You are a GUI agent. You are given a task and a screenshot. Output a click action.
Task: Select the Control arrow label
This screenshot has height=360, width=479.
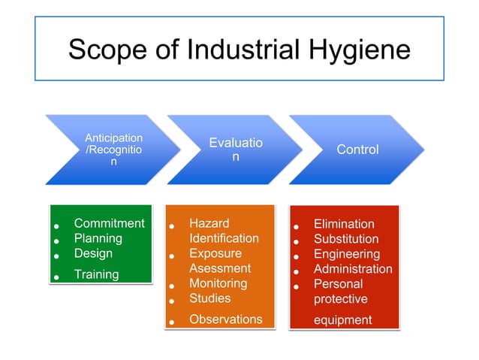[357, 150]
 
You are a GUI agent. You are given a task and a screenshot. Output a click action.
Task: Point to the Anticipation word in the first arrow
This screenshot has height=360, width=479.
[113, 138]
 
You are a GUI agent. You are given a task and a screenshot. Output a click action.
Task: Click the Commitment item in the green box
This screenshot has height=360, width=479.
[109, 223]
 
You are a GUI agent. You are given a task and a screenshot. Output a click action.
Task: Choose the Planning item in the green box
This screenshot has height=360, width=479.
[98, 238]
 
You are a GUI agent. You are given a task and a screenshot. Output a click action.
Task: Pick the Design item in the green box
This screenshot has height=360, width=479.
[93, 253]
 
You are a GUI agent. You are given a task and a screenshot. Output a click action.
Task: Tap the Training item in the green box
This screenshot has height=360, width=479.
[96, 274]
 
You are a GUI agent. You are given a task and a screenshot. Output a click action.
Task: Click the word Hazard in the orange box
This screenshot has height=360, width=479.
[209, 223]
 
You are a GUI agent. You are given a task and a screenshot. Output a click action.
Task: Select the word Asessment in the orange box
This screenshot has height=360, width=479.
[219, 268]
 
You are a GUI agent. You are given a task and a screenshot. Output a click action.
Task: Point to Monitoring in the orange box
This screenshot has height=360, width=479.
[218, 283]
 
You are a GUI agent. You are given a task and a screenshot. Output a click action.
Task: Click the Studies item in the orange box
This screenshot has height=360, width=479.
[209, 298]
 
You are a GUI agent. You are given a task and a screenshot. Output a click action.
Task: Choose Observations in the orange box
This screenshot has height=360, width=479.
[225, 319]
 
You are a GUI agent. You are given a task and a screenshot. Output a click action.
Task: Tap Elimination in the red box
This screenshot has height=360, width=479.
[344, 224]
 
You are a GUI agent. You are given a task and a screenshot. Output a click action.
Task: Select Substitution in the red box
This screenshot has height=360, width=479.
[346, 239]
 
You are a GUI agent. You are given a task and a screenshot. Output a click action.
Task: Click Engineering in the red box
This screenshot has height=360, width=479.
[346, 254]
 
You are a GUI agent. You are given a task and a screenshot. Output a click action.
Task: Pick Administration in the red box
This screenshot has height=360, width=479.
[352, 269]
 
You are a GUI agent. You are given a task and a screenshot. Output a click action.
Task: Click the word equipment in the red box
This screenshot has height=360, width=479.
[342, 320]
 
